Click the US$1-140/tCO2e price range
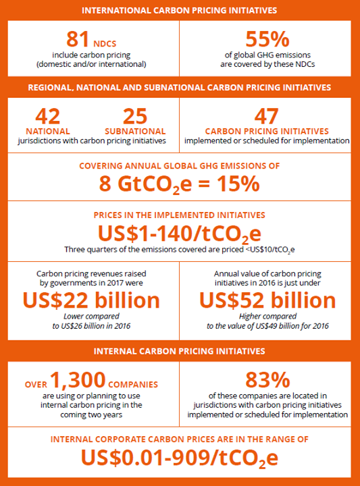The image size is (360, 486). [180, 233]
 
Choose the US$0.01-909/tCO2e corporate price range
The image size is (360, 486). [180, 456]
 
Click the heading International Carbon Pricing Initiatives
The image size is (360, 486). [180, 10]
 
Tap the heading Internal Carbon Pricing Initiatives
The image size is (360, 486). [180, 352]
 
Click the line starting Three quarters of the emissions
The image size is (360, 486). [180, 250]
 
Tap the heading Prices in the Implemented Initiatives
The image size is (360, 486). [180, 215]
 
